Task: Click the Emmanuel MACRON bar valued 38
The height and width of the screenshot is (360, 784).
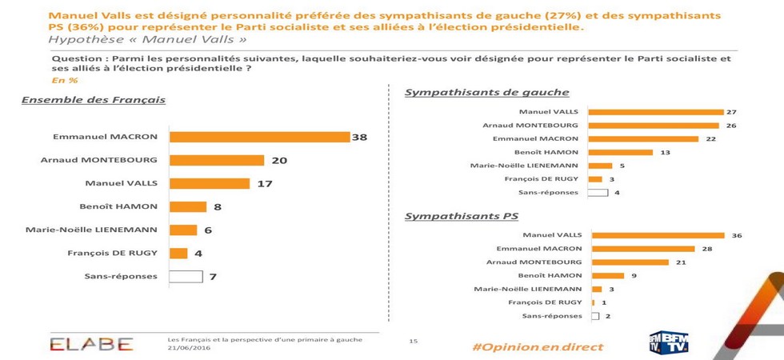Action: click(260, 137)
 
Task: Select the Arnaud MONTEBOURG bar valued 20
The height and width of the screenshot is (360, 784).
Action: click(217, 160)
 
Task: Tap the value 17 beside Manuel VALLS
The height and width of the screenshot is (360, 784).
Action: click(264, 183)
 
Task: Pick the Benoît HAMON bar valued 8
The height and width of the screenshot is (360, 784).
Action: click(188, 206)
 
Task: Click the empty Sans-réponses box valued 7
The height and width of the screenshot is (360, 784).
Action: click(186, 277)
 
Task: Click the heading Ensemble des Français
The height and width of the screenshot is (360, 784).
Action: click(93, 100)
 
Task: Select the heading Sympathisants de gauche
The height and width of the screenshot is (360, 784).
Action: click(486, 92)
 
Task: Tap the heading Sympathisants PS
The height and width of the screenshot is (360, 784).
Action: click(462, 216)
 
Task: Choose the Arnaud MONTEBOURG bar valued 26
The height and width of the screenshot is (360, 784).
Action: click(654, 126)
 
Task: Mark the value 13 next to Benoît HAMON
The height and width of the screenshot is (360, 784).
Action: click(666, 152)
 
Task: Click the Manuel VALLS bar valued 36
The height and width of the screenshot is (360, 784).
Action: click(658, 235)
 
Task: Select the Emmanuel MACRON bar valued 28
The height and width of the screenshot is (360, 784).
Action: click(643, 249)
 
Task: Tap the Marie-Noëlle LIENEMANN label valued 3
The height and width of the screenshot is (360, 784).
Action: click(527, 289)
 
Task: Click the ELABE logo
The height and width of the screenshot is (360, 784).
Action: click(91, 344)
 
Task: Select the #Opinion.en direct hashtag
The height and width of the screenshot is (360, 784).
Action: click(537, 347)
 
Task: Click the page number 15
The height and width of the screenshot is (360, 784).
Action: click(414, 342)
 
